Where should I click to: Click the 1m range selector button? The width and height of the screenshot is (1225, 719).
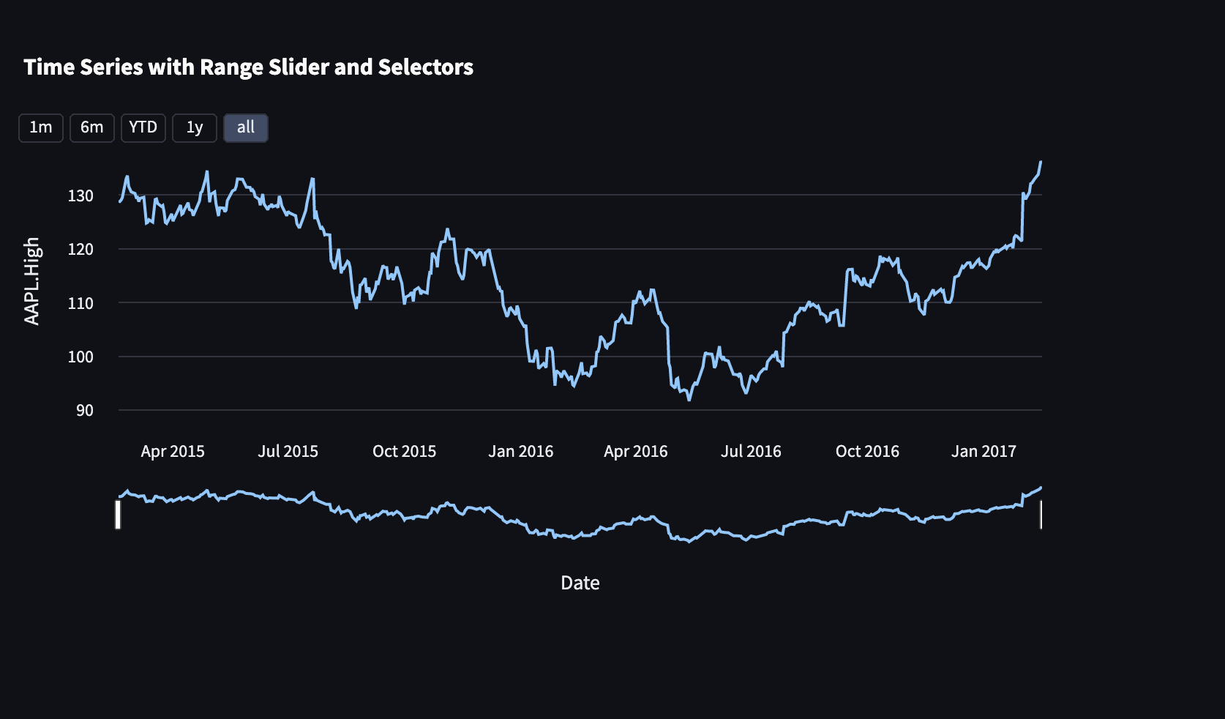click(41, 128)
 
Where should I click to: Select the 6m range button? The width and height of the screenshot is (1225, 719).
click(92, 128)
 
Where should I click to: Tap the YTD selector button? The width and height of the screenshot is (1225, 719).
click(143, 128)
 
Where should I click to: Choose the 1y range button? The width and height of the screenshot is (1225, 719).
click(195, 128)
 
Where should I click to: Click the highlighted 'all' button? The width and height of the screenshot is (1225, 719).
click(246, 128)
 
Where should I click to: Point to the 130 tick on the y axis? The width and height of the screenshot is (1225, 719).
click(80, 195)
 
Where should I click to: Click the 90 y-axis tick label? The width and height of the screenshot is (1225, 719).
click(85, 411)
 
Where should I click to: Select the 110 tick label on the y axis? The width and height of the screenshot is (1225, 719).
click(80, 303)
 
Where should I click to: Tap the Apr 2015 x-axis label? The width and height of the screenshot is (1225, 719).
click(173, 452)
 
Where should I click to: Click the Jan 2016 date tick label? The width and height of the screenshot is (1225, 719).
click(521, 452)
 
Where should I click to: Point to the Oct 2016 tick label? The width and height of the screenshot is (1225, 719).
click(867, 452)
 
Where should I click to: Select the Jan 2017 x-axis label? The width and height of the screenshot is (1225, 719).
click(984, 452)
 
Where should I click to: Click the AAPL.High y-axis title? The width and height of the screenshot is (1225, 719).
click(32, 281)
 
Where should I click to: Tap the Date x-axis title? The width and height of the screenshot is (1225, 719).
click(580, 584)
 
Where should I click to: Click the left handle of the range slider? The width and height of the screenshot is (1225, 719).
click(118, 514)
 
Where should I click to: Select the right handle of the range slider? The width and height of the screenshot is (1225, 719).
click(1041, 514)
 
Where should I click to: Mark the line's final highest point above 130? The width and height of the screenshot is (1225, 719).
click(1041, 162)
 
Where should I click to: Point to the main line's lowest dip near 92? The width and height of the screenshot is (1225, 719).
click(689, 400)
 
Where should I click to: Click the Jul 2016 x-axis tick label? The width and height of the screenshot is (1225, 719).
click(751, 452)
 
